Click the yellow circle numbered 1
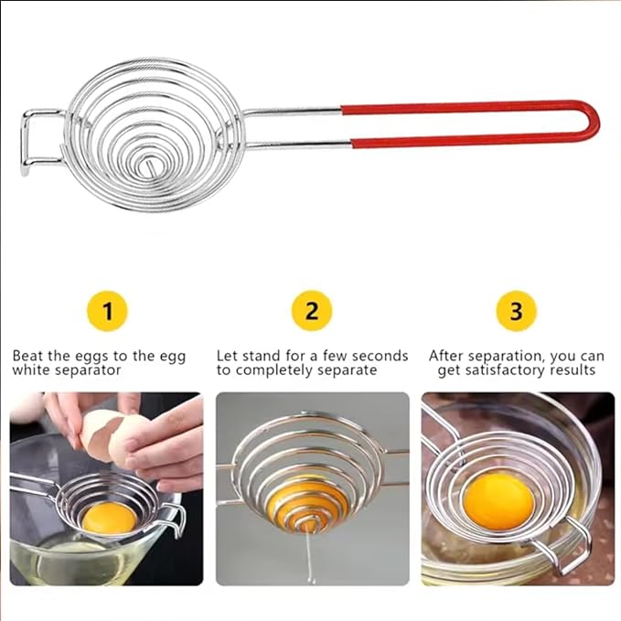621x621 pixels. tap(107, 311)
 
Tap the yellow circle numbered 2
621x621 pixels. tap(312, 311)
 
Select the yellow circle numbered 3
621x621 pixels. tap(516, 311)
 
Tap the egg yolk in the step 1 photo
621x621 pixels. tap(109, 519)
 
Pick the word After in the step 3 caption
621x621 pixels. tap(445, 356)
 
